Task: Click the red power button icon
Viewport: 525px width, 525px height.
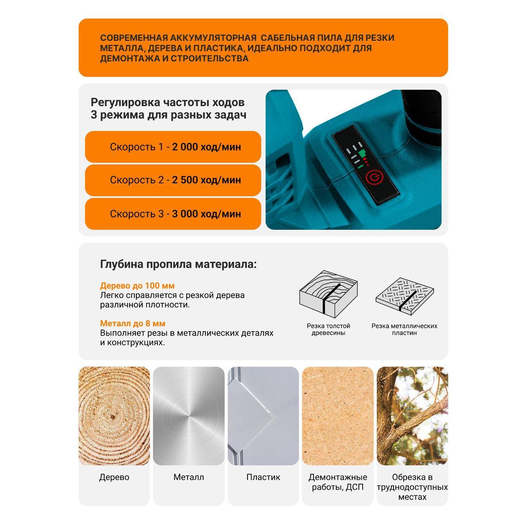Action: (x=375, y=177)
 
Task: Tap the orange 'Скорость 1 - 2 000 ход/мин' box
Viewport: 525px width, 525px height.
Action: (x=173, y=147)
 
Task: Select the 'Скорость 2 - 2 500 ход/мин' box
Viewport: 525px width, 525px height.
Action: (x=173, y=180)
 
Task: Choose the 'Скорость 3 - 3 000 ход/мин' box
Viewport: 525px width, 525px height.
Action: (x=173, y=214)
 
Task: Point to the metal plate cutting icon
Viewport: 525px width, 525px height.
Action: (x=404, y=296)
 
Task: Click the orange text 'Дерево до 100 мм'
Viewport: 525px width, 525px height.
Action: (x=137, y=286)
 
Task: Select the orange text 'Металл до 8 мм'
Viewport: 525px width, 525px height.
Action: (x=133, y=323)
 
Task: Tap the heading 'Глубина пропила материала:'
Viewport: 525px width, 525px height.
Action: (x=178, y=264)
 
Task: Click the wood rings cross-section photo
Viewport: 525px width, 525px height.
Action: (x=114, y=416)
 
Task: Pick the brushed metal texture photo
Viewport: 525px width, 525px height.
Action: (x=189, y=416)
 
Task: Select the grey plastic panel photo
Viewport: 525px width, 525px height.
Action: (x=263, y=416)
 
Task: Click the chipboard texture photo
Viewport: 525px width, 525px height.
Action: (x=338, y=416)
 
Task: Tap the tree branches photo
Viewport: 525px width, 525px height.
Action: (x=412, y=416)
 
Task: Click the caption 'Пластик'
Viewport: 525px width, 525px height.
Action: (x=263, y=477)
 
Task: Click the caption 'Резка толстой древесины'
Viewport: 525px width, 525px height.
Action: (x=328, y=330)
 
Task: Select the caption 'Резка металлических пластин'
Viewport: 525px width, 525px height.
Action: (x=404, y=330)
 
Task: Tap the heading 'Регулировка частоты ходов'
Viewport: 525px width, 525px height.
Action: (x=168, y=103)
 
